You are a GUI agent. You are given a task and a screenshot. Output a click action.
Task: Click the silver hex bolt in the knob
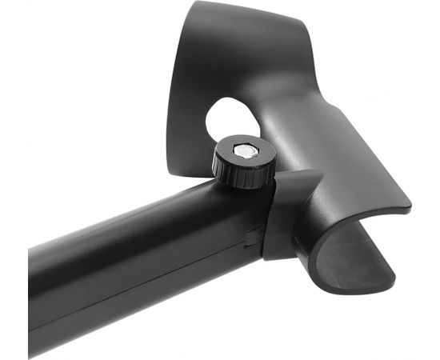tap(243, 150)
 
